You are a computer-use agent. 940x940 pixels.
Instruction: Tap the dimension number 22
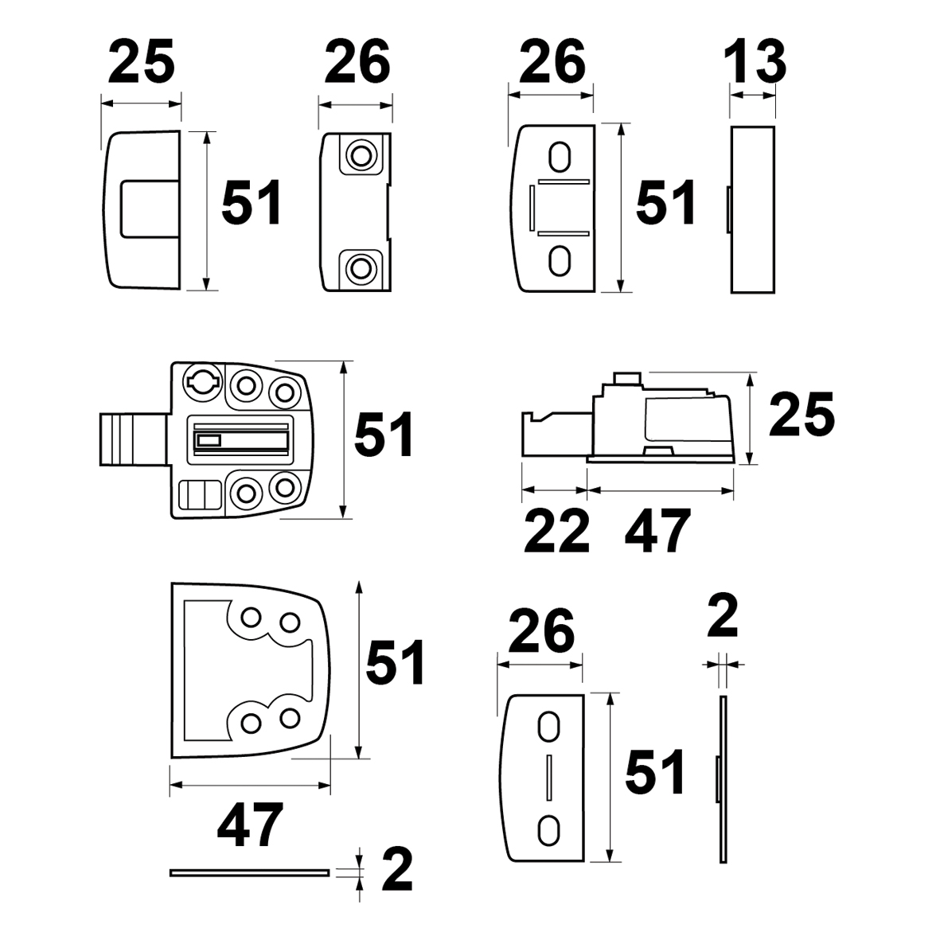pyautogui.click(x=556, y=531)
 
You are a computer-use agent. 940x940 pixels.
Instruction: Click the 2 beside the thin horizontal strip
pyautogui.click(x=397, y=870)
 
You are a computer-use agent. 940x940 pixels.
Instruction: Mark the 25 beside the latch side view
pyautogui.click(x=801, y=415)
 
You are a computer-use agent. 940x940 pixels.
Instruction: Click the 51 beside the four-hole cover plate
pyautogui.click(x=396, y=662)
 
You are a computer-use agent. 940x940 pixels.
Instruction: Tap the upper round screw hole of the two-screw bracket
pyautogui.click(x=361, y=153)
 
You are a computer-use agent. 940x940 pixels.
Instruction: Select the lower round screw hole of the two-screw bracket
pyautogui.click(x=361, y=267)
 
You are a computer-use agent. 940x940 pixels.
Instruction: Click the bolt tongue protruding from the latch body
pyautogui.click(x=133, y=439)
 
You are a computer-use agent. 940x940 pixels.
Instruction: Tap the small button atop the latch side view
pyautogui.click(x=626, y=377)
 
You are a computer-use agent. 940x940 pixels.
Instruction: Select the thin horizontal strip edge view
pyautogui.click(x=250, y=872)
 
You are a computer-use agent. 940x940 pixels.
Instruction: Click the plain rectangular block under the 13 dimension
pyautogui.click(x=752, y=209)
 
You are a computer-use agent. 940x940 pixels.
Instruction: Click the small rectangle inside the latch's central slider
pyautogui.click(x=209, y=439)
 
